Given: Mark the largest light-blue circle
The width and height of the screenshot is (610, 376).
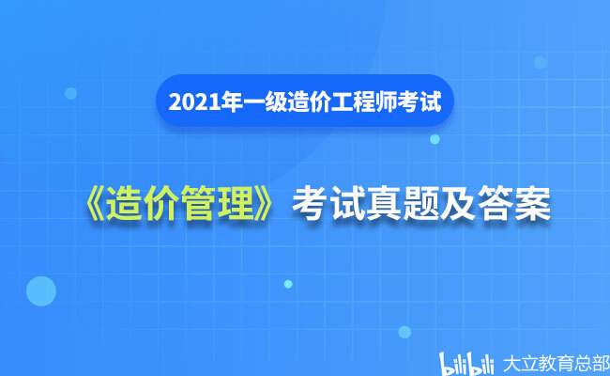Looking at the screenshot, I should point(40,291).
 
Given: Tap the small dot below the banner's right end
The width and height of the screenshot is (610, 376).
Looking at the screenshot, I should point(435,139).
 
